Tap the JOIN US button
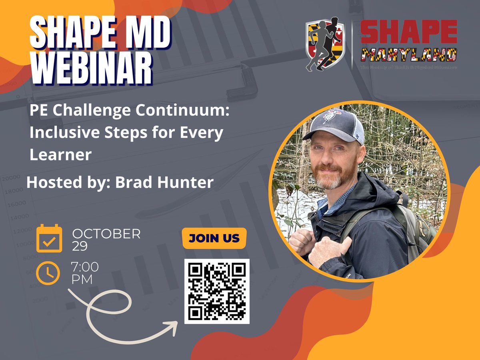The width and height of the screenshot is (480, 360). (x=214, y=238)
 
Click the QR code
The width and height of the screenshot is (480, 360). (x=217, y=291)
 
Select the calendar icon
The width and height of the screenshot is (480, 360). (x=49, y=238)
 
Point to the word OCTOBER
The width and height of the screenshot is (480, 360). (x=106, y=234)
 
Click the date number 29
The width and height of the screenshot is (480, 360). (x=80, y=246)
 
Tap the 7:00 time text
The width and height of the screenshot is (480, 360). (x=85, y=267)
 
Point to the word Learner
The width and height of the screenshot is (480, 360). (x=60, y=154)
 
